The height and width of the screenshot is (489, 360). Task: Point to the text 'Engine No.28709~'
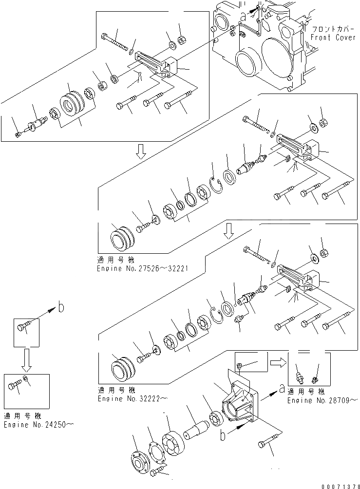tap(321, 400)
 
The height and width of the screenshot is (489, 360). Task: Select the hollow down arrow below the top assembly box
tap(140, 152)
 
